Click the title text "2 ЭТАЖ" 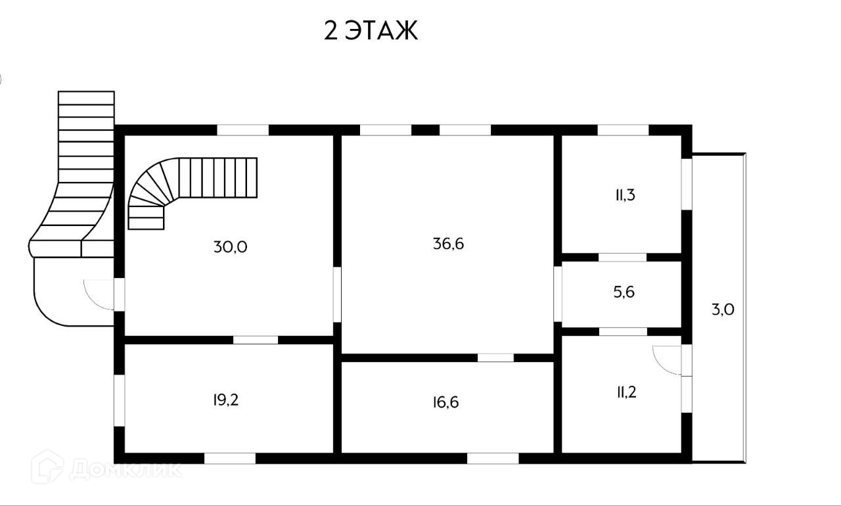point(371,31)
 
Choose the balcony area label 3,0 point(723,310)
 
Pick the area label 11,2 point(625,392)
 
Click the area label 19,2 point(225,400)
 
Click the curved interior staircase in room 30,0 point(191,187)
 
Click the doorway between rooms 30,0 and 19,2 point(256,340)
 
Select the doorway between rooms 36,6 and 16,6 point(495,357)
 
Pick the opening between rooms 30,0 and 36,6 point(337,294)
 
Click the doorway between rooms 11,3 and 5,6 point(622,257)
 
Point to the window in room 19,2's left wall point(120,400)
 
